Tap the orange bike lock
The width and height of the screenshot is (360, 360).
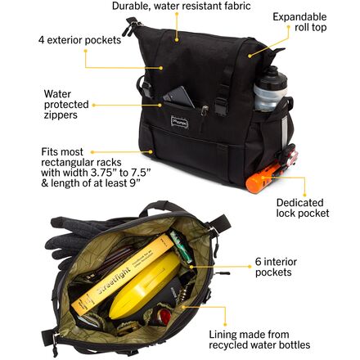click(264, 178)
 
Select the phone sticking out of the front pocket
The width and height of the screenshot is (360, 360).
click(178, 97)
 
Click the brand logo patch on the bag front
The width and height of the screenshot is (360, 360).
click(179, 120)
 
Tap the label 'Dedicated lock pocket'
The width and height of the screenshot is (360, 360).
click(303, 208)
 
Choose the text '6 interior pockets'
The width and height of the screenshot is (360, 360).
click(276, 267)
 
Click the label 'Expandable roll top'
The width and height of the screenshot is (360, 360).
click(299, 22)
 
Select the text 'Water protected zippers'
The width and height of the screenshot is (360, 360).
click(66, 105)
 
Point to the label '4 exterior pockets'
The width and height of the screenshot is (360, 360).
click(79, 40)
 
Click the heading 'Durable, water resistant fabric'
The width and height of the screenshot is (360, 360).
click(182, 6)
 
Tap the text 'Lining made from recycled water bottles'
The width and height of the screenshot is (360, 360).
click(259, 340)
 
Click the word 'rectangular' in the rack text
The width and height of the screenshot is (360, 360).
click(81, 162)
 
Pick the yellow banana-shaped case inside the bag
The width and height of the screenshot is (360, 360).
click(146, 284)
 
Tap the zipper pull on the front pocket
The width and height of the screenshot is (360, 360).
click(204, 112)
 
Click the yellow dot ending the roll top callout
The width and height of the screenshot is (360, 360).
click(250, 56)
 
